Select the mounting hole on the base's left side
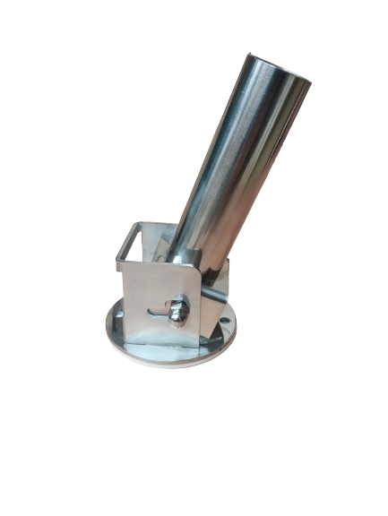(x=116, y=318)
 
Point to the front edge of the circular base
(x=170, y=361)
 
